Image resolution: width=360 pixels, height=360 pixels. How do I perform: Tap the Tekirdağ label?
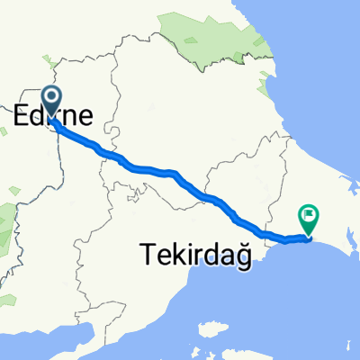tap(193, 256)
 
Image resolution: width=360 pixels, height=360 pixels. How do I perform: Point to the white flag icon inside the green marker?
tap(310, 214)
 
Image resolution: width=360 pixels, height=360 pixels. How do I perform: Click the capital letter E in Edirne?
tap(22, 114)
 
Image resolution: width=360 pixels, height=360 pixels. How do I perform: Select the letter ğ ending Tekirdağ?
tap(236, 258)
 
